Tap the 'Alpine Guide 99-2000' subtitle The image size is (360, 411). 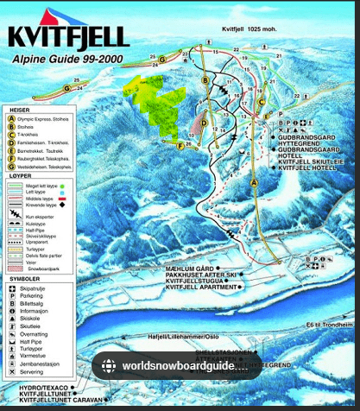[67, 60]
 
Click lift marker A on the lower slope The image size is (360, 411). [254, 183]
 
